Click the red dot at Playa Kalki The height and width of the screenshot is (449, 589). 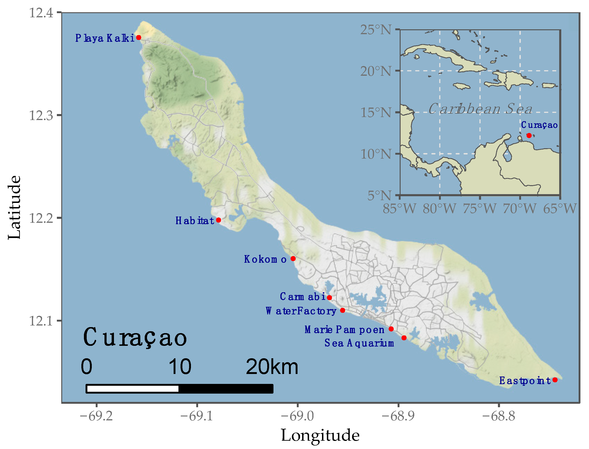click(x=139, y=37)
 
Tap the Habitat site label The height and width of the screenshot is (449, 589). click(x=195, y=221)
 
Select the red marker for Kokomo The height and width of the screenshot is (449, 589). click(x=293, y=259)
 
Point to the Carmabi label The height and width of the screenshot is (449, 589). click(x=302, y=296)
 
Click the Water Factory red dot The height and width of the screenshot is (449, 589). click(x=343, y=310)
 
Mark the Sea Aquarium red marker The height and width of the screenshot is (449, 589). click(x=404, y=338)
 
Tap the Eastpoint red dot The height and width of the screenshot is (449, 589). click(x=555, y=380)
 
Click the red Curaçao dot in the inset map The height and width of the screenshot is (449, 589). click(x=529, y=136)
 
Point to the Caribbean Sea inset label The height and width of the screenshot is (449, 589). click(x=480, y=109)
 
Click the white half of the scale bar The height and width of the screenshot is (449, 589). click(x=133, y=389)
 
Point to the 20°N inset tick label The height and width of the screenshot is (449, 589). click(x=376, y=71)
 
